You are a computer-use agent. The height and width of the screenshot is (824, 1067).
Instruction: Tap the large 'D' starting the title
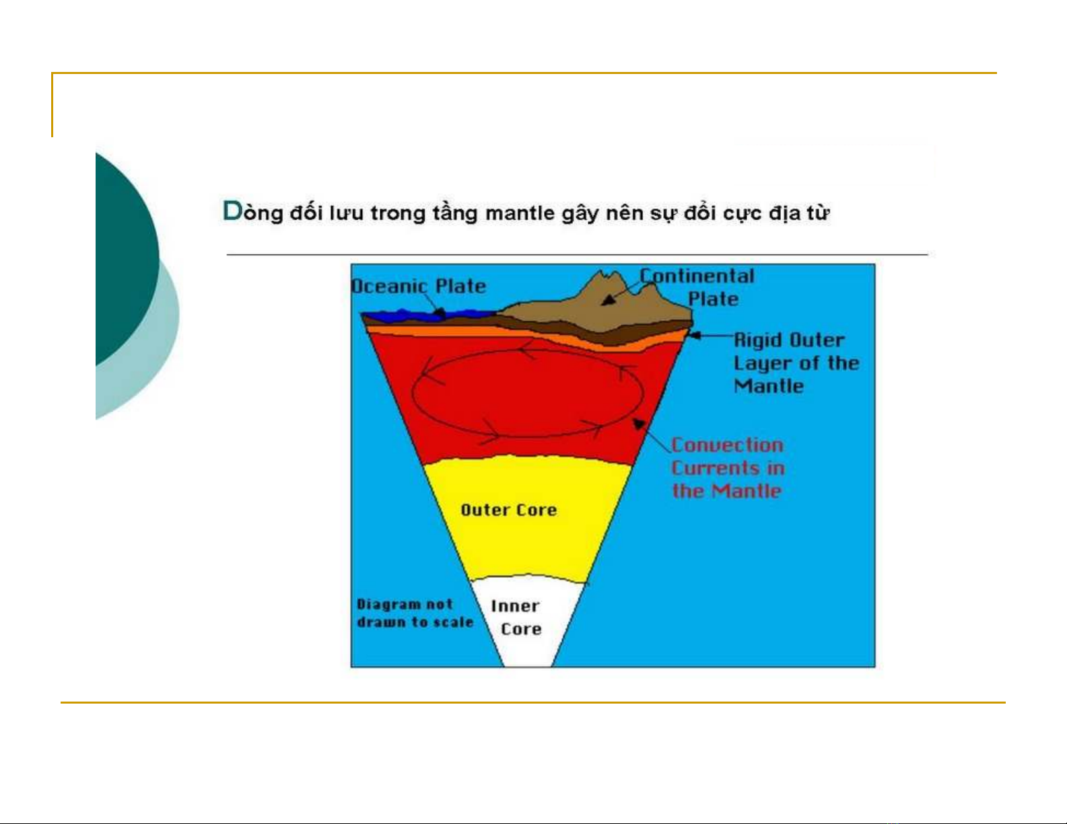pos(233,211)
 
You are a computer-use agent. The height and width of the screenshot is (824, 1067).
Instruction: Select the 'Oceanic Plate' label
pos(419,287)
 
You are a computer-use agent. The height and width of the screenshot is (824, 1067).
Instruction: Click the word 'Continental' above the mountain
pos(697,276)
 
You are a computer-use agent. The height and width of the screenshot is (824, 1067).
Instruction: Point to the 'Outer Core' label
pos(509,510)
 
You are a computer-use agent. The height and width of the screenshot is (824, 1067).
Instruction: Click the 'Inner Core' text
pos(516,617)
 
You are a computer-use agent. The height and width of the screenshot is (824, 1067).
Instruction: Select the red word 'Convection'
pos(727,445)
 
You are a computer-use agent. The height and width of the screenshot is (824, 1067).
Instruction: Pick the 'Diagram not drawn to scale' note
pos(415,613)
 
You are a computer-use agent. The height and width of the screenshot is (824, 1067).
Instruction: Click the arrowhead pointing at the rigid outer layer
pos(694,336)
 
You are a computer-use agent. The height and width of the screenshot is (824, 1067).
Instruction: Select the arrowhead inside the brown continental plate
pos(609,300)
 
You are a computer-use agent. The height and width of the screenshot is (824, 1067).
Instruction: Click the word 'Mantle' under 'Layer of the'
pos(769,387)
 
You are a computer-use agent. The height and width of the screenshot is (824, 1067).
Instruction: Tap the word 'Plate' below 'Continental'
pos(713,299)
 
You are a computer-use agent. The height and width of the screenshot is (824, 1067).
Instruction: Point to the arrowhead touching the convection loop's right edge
pos(638,424)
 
